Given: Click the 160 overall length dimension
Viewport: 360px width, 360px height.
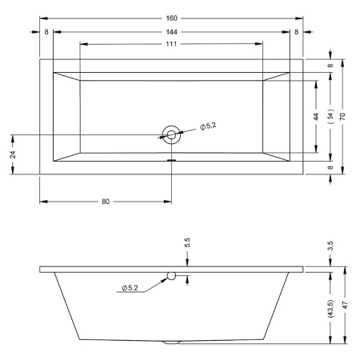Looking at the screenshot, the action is click(x=171, y=18).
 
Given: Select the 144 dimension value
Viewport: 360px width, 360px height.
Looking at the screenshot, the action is click(x=171, y=32).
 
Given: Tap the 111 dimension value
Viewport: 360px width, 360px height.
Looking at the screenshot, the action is click(x=171, y=44).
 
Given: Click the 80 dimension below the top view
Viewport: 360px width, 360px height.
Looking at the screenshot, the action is click(x=106, y=202).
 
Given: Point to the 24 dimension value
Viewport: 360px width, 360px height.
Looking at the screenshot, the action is click(x=13, y=154).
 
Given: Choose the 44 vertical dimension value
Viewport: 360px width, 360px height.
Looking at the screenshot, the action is click(x=316, y=117).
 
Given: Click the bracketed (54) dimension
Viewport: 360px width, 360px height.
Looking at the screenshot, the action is click(x=330, y=116).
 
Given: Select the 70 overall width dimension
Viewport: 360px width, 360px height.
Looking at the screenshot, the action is click(x=342, y=117).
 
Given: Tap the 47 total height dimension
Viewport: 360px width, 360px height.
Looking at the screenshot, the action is click(x=345, y=305).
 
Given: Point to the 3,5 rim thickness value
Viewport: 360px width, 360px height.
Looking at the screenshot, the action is click(x=330, y=246).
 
